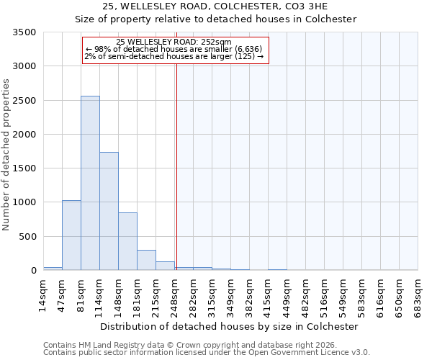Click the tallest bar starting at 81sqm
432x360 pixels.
[x=90, y=183]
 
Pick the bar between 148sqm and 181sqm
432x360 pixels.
[x=127, y=241]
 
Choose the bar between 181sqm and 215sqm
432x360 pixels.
[x=146, y=260]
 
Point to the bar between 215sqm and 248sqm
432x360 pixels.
[x=165, y=266]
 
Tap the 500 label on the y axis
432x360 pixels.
[x=29, y=237]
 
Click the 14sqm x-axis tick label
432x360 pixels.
[x=43, y=292]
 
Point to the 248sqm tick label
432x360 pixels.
[x=174, y=294]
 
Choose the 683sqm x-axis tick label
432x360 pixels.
[x=418, y=294]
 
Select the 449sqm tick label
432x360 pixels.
[x=287, y=294]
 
